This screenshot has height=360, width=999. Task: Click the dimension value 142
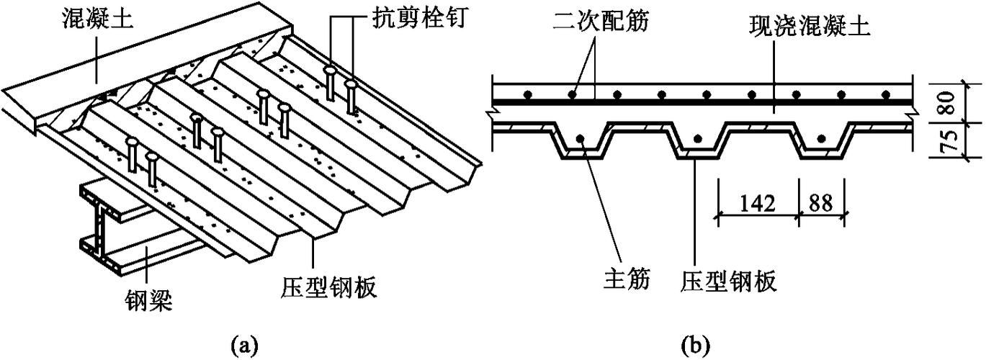pyautogui.click(x=756, y=202)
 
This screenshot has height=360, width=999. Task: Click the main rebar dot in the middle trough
pyautogui.click(x=696, y=138)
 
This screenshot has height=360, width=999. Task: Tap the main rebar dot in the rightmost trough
pyautogui.click(x=819, y=138)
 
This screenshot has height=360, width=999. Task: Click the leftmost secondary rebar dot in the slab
pyautogui.click(x=527, y=94)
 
